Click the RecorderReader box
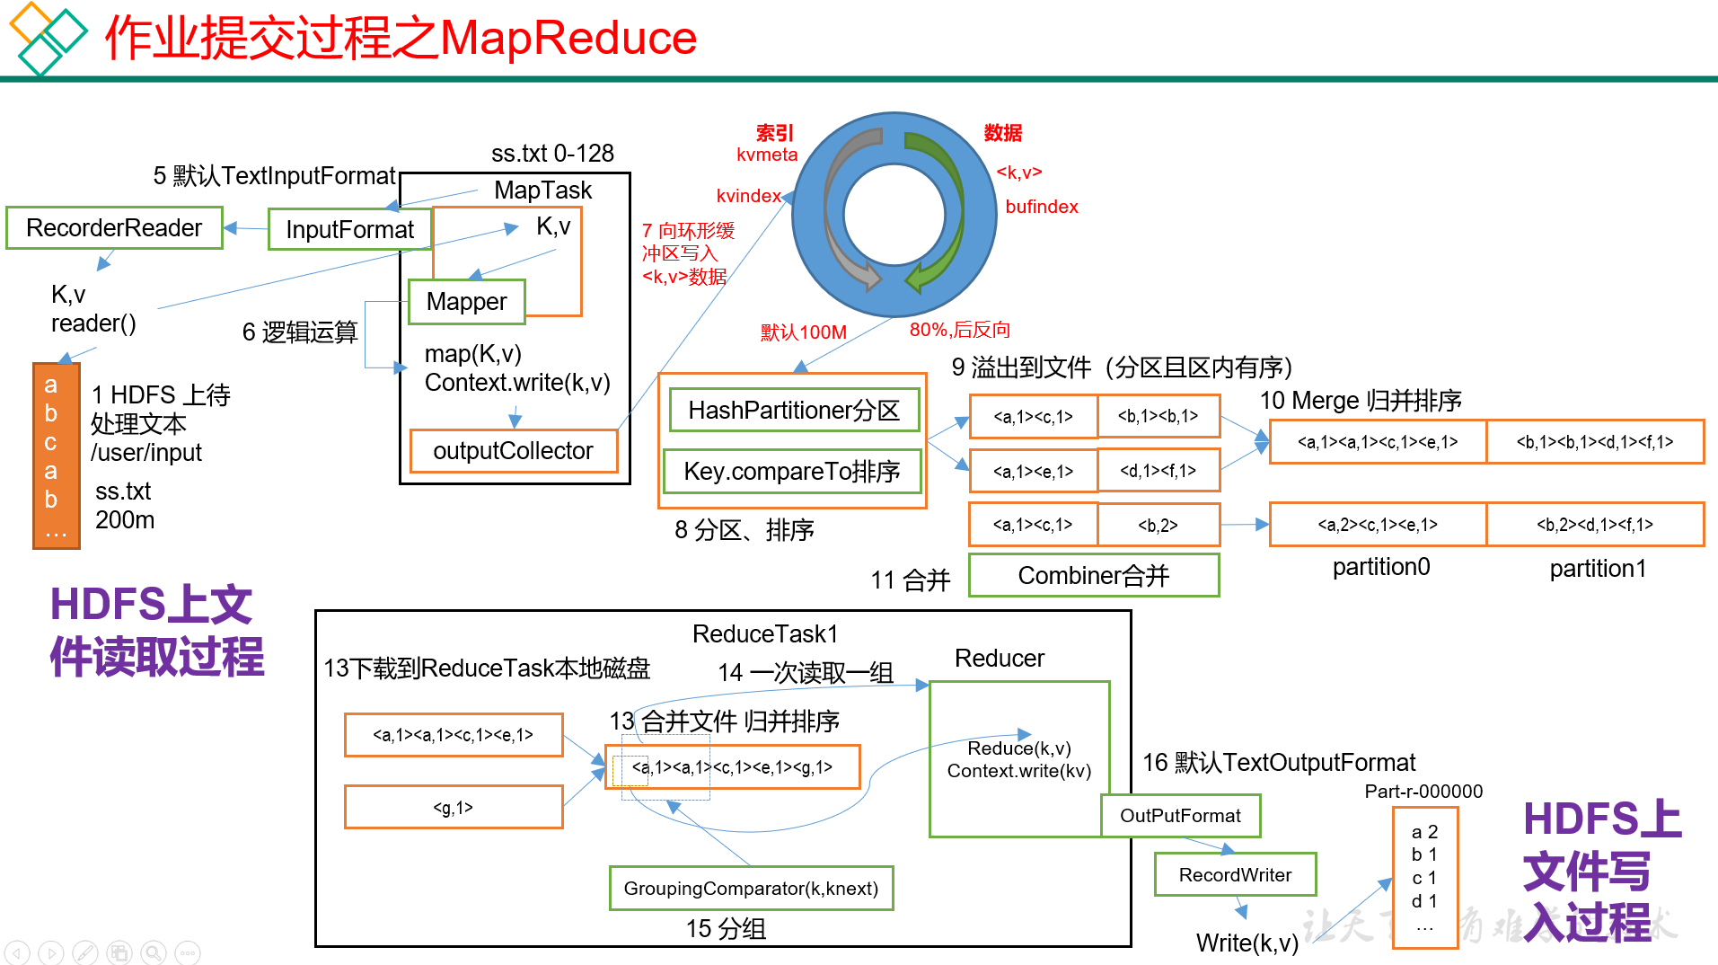(114, 228)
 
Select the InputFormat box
(349, 230)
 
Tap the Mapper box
(466, 302)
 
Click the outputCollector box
(513, 451)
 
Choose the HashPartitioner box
(794, 411)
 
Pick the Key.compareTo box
(792, 472)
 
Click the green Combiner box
(1093, 576)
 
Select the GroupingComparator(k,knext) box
(751, 889)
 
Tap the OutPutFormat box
(1180, 816)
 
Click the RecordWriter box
(1235, 875)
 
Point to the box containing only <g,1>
(454, 808)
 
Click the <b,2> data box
(1159, 526)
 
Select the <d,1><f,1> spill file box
(1159, 471)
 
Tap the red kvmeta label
(767, 155)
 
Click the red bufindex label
(1042, 207)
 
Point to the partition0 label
(1381, 567)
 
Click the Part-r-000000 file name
(1423, 792)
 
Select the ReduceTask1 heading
(765, 634)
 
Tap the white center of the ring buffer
(894, 215)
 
